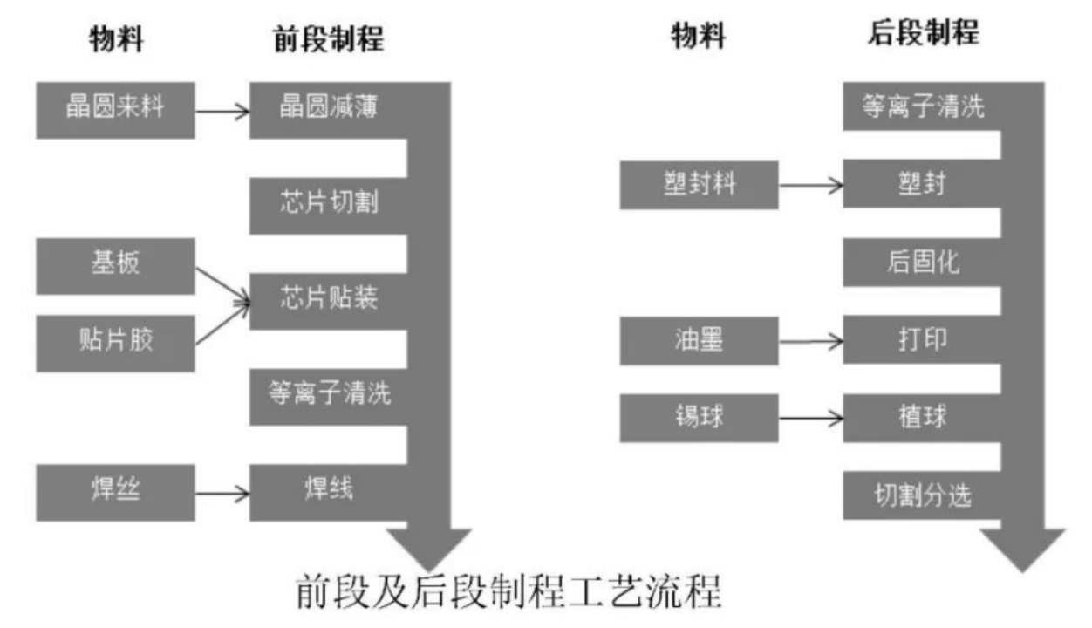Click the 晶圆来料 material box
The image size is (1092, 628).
115,110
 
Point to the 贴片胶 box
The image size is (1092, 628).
115,341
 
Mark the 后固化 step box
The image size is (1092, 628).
921,262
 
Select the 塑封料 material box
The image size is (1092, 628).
699,185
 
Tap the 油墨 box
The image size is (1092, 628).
699,340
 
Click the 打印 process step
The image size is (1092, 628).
921,340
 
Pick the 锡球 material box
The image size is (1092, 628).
699,417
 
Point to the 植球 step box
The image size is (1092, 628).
921,417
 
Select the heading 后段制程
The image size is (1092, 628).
923,34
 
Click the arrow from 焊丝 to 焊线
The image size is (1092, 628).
222,494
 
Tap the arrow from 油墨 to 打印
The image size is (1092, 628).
811,341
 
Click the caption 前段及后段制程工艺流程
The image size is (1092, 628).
509,593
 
